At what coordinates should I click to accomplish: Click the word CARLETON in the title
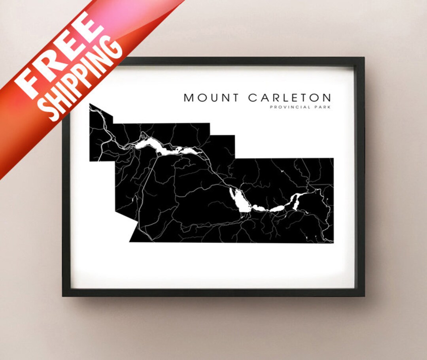pos(290,98)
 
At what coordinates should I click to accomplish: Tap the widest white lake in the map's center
pos(240,201)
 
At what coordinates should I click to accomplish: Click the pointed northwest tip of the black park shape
pos(90,104)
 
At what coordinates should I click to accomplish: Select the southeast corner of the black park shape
pos(333,243)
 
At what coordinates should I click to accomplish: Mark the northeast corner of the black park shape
pos(333,158)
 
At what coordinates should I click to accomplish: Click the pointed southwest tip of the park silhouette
pos(130,241)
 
